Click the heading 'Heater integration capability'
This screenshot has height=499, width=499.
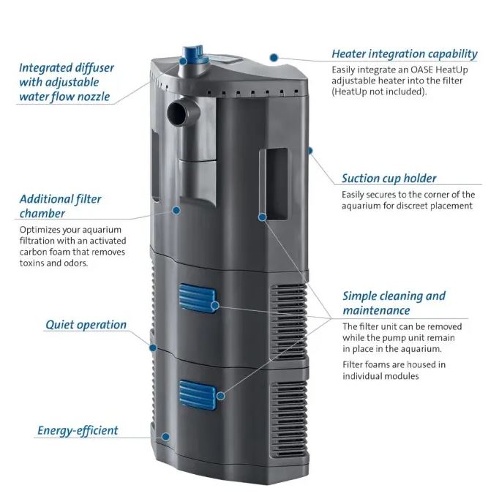point(404,53)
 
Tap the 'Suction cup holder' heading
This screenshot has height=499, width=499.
point(389,178)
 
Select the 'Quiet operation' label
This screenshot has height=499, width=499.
point(86,324)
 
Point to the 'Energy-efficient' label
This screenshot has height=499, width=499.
point(78,430)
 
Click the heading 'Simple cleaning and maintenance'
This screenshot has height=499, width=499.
point(394,303)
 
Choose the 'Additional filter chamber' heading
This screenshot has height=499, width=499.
point(60,206)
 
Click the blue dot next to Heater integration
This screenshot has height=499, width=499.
point(274,56)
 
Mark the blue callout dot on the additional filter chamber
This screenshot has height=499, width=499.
point(176,210)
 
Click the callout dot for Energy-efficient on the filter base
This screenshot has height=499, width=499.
point(166,436)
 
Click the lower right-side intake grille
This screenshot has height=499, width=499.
point(288,413)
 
